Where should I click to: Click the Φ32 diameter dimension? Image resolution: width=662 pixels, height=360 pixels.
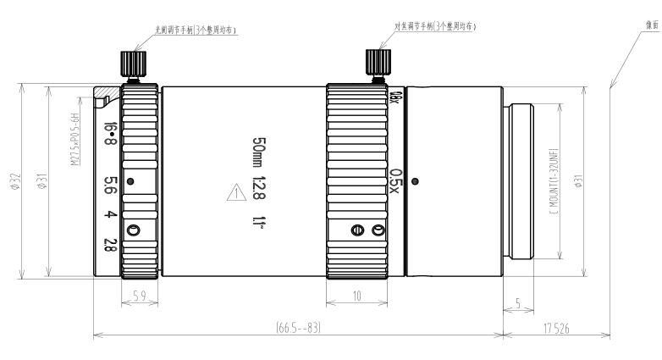[15, 180]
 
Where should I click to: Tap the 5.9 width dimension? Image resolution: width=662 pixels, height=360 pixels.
[141, 297]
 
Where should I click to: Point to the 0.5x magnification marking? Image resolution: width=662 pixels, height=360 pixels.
[394, 180]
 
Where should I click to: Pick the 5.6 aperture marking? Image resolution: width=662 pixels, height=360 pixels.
[110, 185]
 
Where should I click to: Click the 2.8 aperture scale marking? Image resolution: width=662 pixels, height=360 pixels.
[110, 246]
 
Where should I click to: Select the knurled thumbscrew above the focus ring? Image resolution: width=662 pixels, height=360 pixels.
[376, 62]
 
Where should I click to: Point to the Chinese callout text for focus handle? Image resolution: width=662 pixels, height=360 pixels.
[435, 26]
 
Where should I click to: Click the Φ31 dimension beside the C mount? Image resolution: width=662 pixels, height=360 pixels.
[576, 180]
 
